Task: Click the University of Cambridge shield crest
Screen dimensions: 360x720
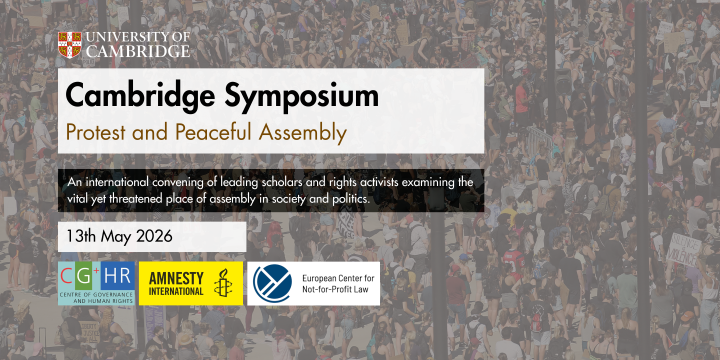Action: pyautogui.click(x=69, y=44)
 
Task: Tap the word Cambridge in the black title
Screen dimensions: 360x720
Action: pyautogui.click(x=146, y=97)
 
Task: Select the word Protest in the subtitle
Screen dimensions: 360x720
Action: pyautogui.click(x=98, y=131)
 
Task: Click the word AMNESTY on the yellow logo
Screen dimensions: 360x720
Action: pyautogui.click(x=176, y=276)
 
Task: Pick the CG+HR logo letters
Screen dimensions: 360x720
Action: pyautogui.click(x=96, y=275)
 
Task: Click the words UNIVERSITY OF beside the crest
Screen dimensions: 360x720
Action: pyautogui.click(x=136, y=38)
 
